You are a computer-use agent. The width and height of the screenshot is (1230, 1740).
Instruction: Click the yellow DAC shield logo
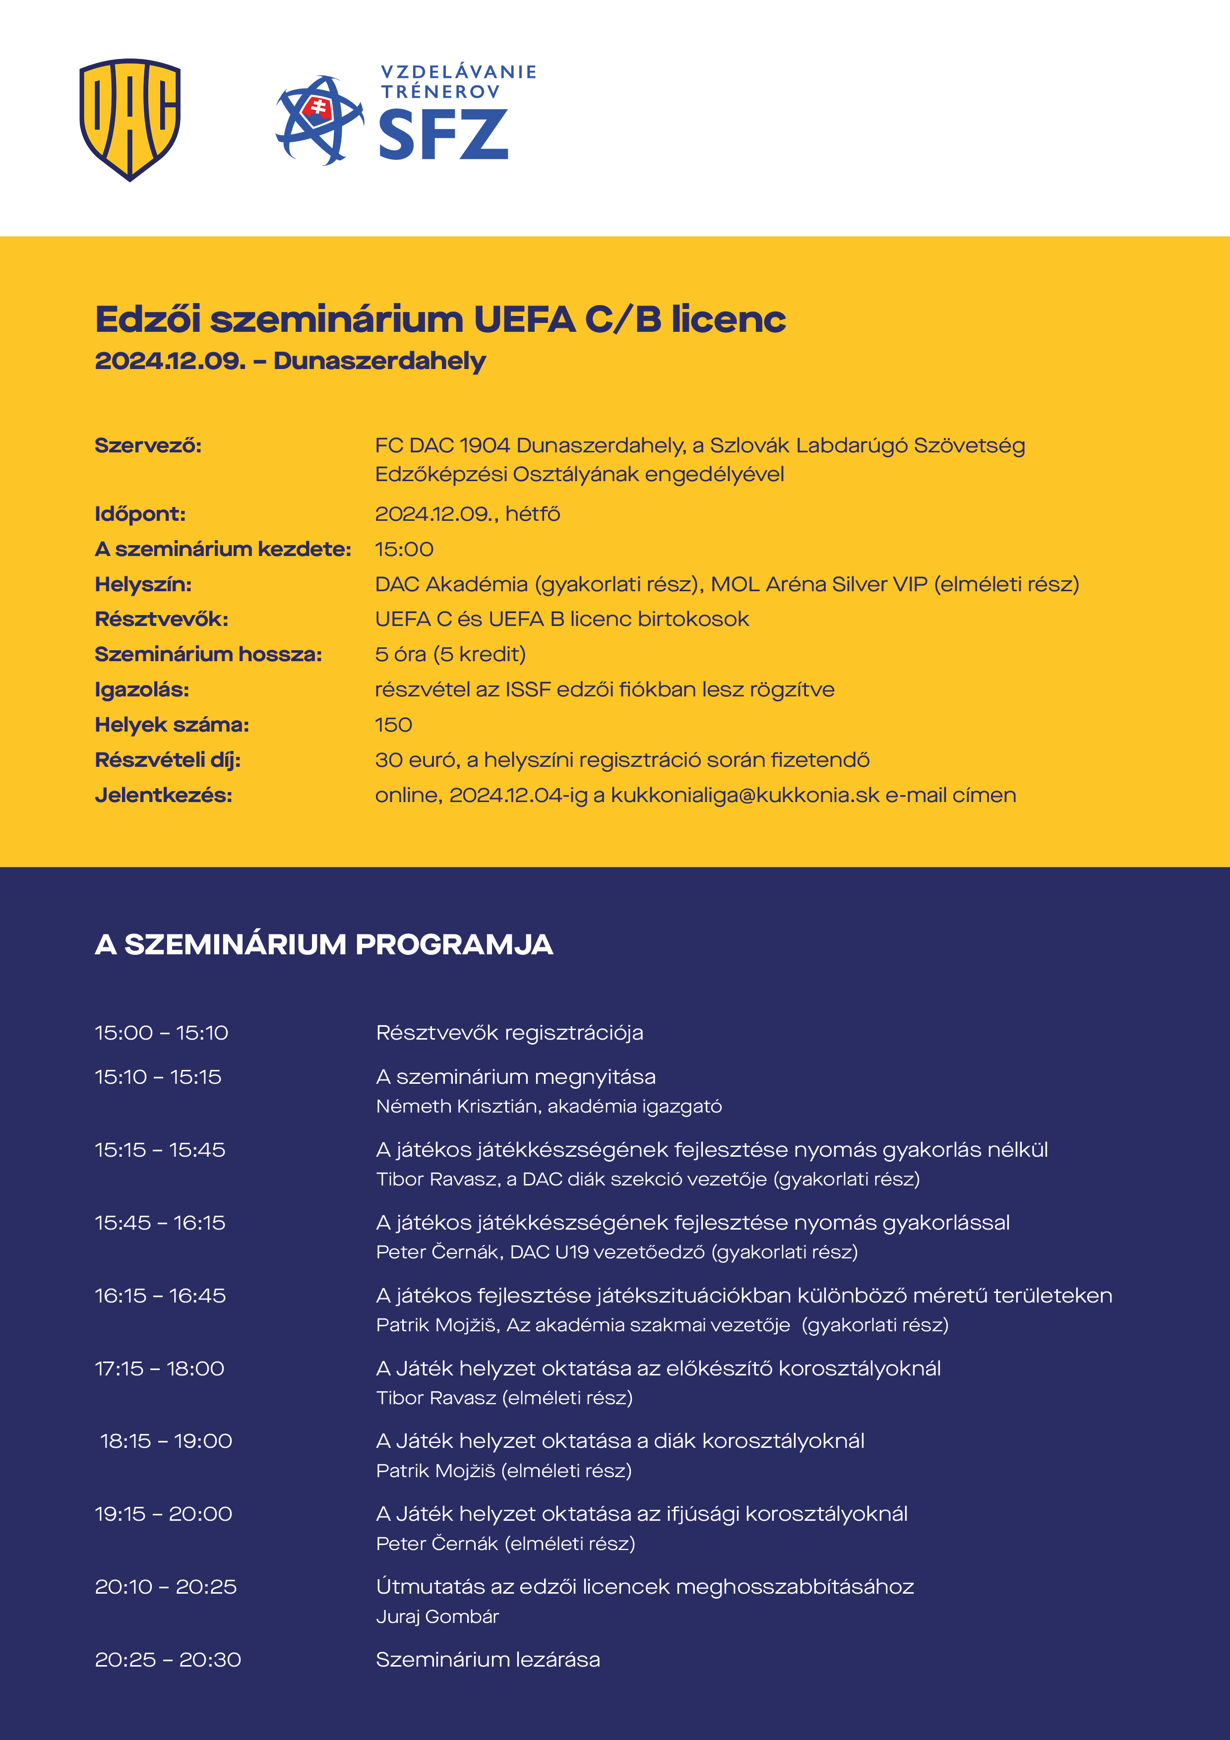click(129, 119)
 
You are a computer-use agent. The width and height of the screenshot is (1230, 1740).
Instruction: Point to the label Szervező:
click(148, 445)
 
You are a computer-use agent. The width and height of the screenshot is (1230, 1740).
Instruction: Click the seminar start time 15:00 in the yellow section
click(404, 550)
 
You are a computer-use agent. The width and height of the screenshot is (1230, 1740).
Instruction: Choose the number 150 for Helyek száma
click(393, 725)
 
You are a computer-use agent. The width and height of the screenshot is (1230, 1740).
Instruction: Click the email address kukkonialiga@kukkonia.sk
click(745, 796)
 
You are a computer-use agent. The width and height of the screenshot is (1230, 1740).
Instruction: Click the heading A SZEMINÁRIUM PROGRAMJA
click(323, 945)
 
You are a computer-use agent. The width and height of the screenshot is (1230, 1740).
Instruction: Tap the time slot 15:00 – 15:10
click(161, 1033)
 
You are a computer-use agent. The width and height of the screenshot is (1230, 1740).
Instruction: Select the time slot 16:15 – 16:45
click(160, 1296)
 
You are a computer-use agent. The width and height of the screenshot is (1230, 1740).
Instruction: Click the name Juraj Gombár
click(437, 1616)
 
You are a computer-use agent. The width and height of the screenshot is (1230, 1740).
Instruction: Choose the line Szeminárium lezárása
click(488, 1660)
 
